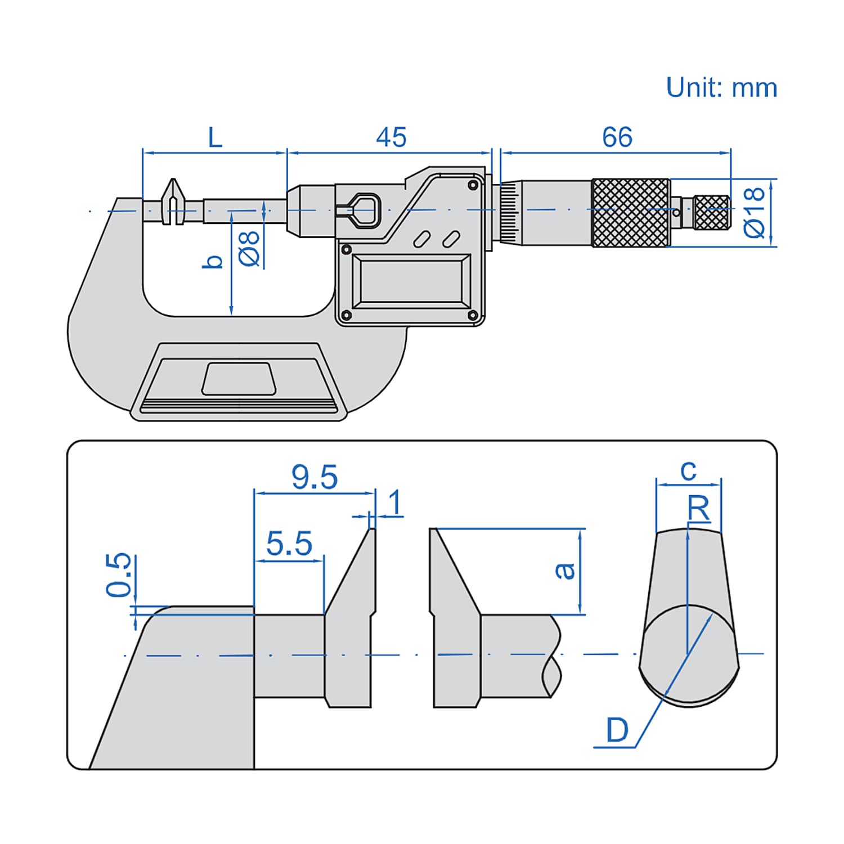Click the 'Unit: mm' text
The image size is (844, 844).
(721, 88)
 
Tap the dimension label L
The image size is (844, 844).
(216, 137)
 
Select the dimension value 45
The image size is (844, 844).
(391, 137)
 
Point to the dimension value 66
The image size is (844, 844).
(617, 137)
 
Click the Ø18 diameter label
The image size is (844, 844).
(755, 212)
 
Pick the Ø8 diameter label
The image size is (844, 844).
(250, 248)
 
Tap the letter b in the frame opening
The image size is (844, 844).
(213, 262)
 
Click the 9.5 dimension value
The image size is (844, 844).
(315, 477)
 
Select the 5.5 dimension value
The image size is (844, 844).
(289, 544)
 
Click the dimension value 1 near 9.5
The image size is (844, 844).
(396, 502)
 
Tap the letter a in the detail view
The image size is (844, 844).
(564, 571)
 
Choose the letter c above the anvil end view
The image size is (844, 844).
(688, 470)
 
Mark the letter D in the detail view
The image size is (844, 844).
(617, 730)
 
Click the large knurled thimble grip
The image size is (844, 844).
(631, 212)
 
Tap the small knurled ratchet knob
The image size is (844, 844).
(712, 212)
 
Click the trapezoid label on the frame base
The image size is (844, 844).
(238, 378)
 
